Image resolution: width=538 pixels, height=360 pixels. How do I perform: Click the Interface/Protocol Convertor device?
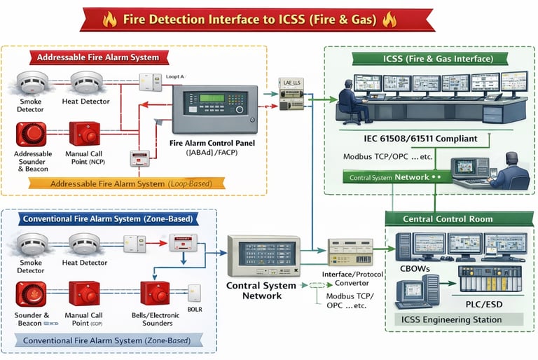[350, 251]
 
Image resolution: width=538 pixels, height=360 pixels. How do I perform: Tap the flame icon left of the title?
[109, 20]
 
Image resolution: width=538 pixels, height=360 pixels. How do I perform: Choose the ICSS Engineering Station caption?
[452, 319]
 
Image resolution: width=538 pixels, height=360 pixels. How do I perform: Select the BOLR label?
[194, 308]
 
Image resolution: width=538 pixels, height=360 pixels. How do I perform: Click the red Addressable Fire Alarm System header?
[97, 57]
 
